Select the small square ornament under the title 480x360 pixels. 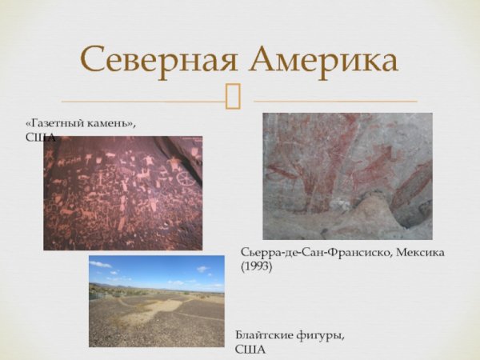234,97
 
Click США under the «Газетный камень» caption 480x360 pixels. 41,138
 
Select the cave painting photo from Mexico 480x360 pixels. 347,176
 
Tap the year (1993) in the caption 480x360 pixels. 257,266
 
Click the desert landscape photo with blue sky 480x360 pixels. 157,301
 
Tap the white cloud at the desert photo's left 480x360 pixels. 101,264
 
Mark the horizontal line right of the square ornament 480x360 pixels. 336,102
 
